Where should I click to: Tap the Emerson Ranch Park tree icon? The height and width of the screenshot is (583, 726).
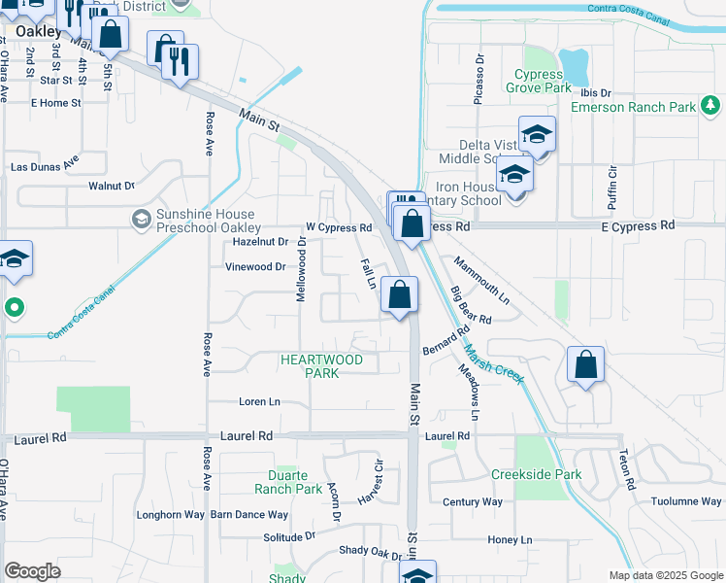pos(711,104)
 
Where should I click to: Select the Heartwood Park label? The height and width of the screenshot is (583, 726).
pos(321,366)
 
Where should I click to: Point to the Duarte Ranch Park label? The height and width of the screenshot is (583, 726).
pos(288,482)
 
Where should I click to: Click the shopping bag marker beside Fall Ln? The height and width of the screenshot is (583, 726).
pos(399,293)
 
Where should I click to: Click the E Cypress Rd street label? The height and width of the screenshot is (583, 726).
pos(638,225)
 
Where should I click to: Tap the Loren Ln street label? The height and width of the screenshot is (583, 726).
pos(259,401)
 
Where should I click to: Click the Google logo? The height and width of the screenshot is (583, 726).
pos(33,571)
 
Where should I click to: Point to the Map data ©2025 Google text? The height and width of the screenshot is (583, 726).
pos(665,575)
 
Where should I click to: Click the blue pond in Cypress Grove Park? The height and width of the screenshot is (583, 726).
pos(575,66)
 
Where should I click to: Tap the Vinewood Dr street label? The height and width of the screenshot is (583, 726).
pos(255,266)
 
